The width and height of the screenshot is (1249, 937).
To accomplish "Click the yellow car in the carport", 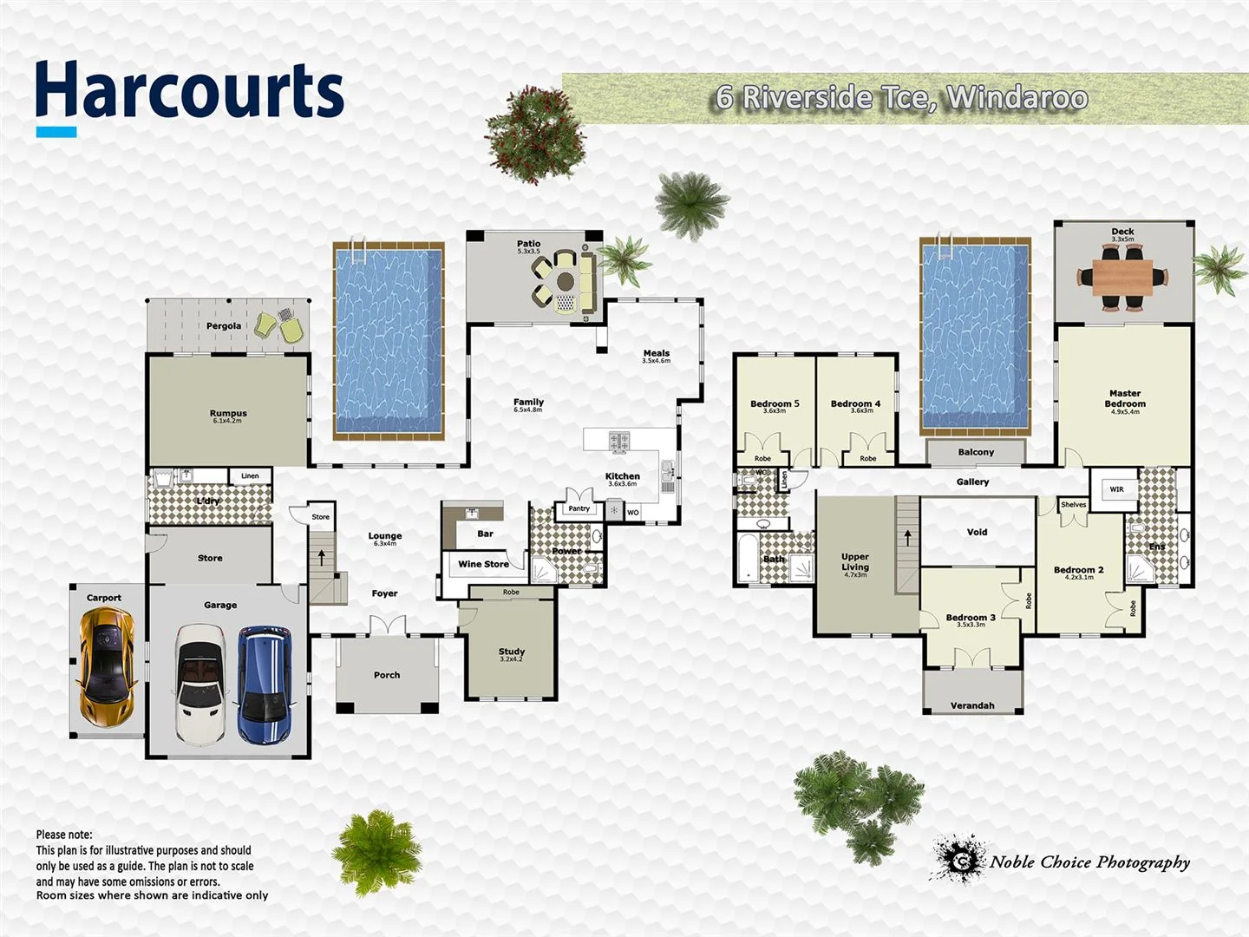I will coord(108,665).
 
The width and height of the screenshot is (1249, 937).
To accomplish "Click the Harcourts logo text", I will coord(189,92).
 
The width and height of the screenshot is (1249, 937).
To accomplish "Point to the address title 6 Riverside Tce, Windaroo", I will coord(902,98).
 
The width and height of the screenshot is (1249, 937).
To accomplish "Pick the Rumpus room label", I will coord(228,414).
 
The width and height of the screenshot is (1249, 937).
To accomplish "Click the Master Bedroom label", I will coord(1125,398).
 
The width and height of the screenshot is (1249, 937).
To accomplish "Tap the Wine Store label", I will coord(483,564).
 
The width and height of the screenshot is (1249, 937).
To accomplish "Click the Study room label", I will coord(512,652).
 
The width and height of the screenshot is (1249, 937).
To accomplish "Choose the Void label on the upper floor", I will coord(977,533).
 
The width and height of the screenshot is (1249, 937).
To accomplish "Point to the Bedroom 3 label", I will coord(971,618).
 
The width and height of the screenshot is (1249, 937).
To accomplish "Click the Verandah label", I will coord(972,705).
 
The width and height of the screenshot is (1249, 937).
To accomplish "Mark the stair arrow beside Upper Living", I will coord(907,537).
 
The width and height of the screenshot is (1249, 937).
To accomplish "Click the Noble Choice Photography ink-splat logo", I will coord(960,859).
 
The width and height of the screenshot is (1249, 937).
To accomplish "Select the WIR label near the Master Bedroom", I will coord(1116,489).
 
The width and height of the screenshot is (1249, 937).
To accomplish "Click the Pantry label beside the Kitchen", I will coord(579,508).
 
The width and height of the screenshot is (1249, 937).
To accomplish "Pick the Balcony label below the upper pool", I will coord(976,452).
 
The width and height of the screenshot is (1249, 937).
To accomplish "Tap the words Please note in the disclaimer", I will coord(64,835).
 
